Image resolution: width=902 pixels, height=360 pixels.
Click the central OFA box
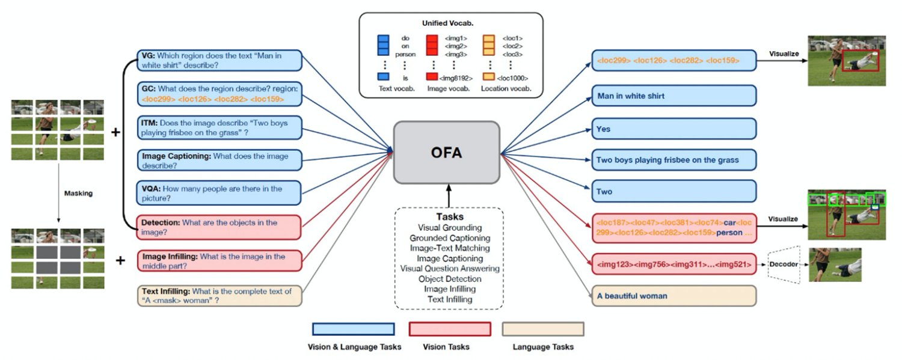[x=446, y=152]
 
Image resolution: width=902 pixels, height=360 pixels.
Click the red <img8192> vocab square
[x=431, y=78]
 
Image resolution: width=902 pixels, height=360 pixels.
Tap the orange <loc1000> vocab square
[x=488, y=78]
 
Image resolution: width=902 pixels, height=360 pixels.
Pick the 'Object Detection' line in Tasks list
[x=450, y=279]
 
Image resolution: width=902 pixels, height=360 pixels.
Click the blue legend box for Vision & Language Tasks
[x=353, y=329]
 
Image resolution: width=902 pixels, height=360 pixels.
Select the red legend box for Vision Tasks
[x=449, y=329]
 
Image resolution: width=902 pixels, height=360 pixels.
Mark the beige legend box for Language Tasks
[x=542, y=329]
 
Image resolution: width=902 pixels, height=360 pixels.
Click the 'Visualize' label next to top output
[x=784, y=53]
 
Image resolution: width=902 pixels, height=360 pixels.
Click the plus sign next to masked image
[x=120, y=260]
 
